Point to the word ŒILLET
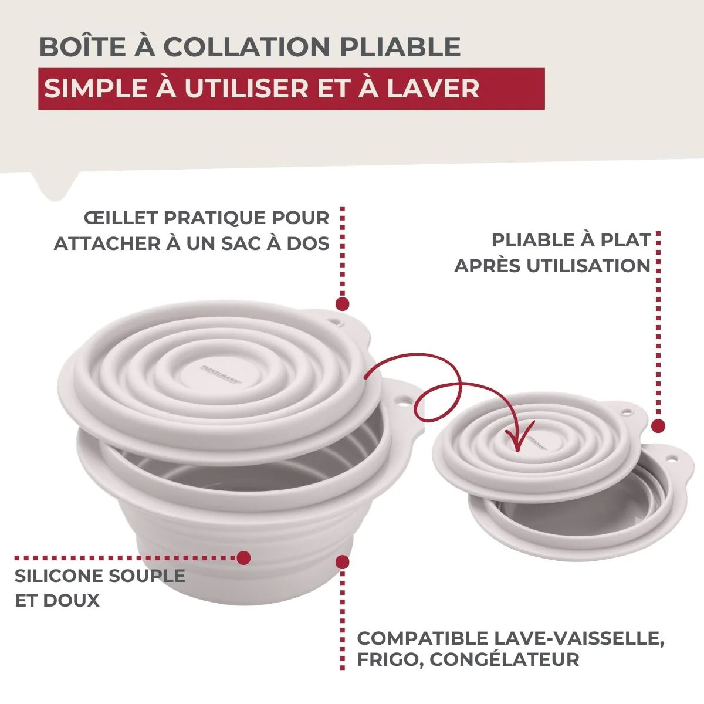pyautogui.click(x=121, y=218)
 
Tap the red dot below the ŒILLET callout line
pyautogui.click(x=342, y=304)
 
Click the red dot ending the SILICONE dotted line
pyautogui.click(x=243, y=557)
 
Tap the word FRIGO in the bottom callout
pyautogui.click(x=387, y=659)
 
